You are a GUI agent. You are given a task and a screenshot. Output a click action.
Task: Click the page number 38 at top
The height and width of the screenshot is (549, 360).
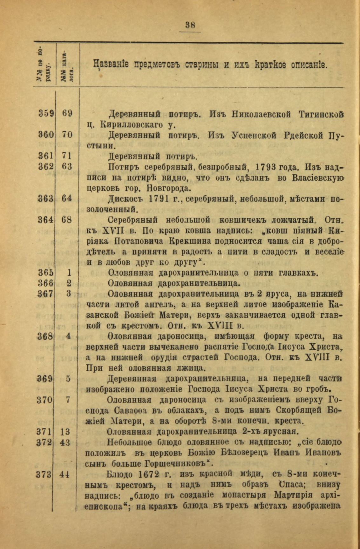point(190,25)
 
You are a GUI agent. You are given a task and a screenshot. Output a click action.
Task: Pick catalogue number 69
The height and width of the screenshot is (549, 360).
point(67,113)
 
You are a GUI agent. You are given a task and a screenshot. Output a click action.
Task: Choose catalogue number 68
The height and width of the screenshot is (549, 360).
point(67,220)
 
